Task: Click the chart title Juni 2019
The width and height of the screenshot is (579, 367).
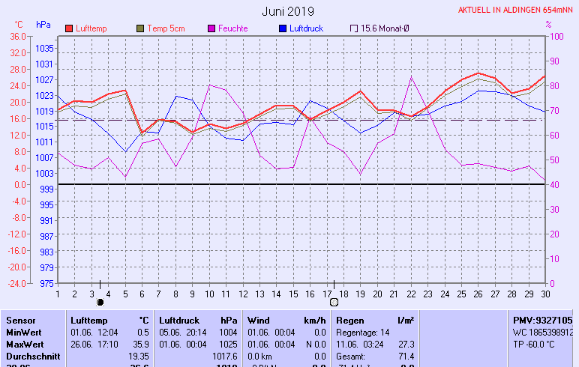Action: tap(289, 11)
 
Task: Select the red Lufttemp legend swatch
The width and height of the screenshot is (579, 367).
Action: tap(69, 28)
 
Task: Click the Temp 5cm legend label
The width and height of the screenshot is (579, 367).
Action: tap(166, 28)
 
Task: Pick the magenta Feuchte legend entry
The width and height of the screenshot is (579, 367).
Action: tap(232, 28)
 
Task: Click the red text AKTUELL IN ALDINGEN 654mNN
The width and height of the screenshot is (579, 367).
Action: tap(516, 10)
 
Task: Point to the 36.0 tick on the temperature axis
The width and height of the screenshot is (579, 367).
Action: tap(18, 36)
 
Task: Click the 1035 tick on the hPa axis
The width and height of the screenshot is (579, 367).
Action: tap(44, 48)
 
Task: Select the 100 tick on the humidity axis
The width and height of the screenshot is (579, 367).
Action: tap(556, 36)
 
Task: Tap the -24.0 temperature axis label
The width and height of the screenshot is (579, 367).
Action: tap(16, 284)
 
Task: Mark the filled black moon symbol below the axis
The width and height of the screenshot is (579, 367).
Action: tap(100, 302)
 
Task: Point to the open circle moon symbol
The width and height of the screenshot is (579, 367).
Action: tap(334, 302)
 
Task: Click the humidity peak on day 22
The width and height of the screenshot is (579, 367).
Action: tap(411, 76)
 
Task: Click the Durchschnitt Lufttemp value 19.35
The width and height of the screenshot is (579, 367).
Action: tap(138, 356)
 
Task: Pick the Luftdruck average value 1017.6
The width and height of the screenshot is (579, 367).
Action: tap(225, 356)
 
